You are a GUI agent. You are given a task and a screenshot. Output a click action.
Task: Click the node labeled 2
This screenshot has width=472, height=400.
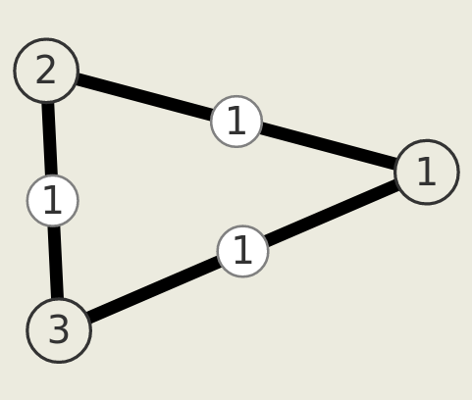click(46, 71)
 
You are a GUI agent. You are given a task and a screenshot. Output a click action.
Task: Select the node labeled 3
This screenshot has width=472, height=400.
click(59, 330)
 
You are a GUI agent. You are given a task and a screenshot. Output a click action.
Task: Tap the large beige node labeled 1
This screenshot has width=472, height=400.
click(427, 173)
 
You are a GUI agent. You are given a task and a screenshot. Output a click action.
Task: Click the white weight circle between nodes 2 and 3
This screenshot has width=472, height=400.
click(53, 200)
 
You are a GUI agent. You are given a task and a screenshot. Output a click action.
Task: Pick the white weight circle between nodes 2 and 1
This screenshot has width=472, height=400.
click(236, 122)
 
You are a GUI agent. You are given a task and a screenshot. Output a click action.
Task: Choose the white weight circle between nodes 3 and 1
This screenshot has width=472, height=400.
click(242, 251)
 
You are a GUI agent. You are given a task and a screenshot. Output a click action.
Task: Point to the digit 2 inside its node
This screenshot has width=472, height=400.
click(45, 70)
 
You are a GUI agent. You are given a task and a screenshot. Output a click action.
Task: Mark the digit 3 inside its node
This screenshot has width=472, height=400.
click(59, 329)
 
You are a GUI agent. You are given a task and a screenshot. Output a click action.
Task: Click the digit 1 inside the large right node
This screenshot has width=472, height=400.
click(427, 172)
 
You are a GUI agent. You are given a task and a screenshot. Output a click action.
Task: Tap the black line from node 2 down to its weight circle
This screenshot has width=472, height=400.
click(50, 138)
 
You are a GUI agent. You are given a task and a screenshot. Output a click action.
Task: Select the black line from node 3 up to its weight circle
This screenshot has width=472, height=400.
click(56, 263)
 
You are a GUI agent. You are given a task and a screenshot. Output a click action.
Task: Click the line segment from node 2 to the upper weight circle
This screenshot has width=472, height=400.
click(144, 96)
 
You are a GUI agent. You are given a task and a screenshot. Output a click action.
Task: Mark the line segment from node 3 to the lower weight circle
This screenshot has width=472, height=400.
click(154, 289)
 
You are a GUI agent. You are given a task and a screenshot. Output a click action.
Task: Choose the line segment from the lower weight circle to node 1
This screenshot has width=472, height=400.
click(332, 213)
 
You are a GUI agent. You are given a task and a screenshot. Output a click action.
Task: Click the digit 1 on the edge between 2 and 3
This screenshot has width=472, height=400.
click(53, 200)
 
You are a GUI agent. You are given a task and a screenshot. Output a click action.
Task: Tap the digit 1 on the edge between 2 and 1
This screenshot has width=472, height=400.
click(236, 121)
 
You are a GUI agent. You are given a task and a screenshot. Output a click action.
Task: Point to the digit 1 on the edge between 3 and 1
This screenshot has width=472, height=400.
click(242, 250)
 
